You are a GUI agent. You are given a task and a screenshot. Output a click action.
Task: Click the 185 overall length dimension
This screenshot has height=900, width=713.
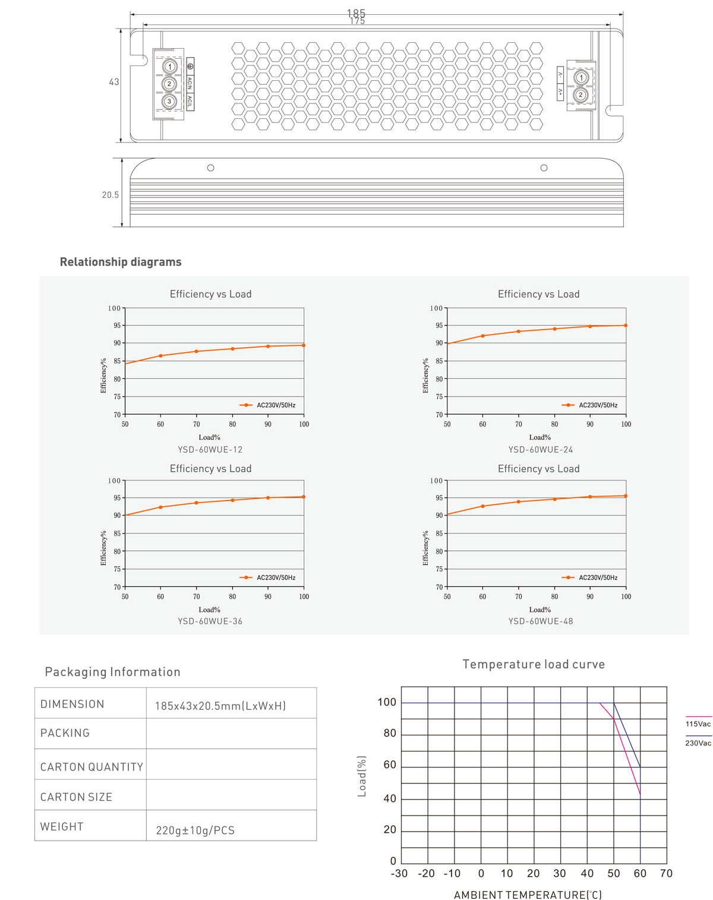pyautogui.click(x=356, y=12)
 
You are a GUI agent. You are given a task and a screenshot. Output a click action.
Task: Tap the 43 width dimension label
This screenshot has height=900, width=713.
pyautogui.click(x=114, y=82)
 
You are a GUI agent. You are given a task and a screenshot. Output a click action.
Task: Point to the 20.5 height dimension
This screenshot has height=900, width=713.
pyautogui.click(x=111, y=195)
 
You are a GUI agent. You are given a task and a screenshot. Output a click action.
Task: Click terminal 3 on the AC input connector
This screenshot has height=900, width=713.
pyautogui.click(x=169, y=101)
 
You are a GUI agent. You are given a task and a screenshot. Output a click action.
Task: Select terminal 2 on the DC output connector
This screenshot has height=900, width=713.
pyautogui.click(x=581, y=95)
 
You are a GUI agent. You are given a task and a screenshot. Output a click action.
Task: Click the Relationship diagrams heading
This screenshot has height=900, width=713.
pyautogui.click(x=121, y=262)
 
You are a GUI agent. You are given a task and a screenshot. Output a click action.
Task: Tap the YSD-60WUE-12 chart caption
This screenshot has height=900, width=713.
pyautogui.click(x=210, y=450)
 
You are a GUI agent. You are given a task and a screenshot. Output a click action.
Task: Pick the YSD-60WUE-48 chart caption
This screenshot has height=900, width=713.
pyautogui.click(x=541, y=621)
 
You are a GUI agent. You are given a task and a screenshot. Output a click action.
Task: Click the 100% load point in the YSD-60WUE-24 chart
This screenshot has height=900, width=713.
pyautogui.click(x=626, y=325)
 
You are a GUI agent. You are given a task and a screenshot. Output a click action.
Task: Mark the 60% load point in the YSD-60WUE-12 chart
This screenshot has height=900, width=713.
pyautogui.click(x=160, y=356)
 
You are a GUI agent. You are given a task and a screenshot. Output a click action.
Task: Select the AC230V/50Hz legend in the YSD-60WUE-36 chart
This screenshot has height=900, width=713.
pyautogui.click(x=276, y=577)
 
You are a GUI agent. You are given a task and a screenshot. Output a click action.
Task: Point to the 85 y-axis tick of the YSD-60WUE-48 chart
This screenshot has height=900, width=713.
pyautogui.click(x=439, y=533)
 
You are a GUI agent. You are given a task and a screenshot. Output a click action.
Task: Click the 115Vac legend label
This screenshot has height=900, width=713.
pyautogui.click(x=698, y=724)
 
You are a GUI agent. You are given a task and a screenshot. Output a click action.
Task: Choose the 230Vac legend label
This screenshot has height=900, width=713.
pyautogui.click(x=698, y=743)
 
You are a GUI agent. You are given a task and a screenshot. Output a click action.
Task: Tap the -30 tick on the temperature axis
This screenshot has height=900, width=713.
pyautogui.click(x=399, y=873)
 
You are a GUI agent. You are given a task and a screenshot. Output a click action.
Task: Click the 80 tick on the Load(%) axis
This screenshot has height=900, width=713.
pyautogui.click(x=390, y=734)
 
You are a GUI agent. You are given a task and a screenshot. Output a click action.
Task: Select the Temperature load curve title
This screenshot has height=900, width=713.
pyautogui.click(x=534, y=665)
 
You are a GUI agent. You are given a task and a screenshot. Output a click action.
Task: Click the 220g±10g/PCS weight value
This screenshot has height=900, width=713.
pyautogui.click(x=195, y=830)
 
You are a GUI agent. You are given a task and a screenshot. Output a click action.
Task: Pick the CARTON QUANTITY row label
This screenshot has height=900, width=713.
pyautogui.click(x=92, y=767)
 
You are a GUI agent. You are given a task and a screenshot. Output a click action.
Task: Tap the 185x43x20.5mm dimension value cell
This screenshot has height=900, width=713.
pyautogui.click(x=220, y=706)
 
